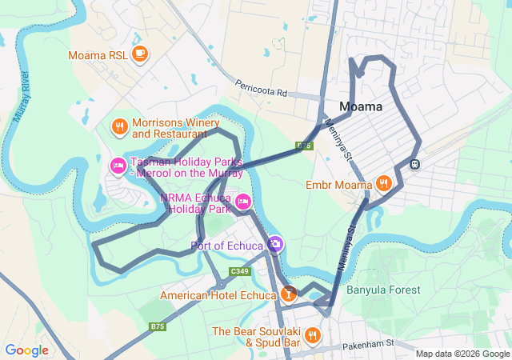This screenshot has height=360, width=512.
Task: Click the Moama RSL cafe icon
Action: click(x=140, y=54)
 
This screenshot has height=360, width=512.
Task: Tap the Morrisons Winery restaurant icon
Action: click(x=119, y=126)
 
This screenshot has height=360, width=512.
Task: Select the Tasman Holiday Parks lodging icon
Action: click(x=117, y=165)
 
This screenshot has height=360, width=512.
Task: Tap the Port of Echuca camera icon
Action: click(x=274, y=243)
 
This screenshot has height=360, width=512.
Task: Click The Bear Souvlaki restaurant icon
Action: click(x=313, y=335)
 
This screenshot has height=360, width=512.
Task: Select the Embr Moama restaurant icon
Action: click(x=384, y=183)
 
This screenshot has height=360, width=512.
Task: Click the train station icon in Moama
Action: click(x=415, y=163)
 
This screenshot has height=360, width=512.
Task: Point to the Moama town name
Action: click(x=360, y=106)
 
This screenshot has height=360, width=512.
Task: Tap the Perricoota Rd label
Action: click(x=261, y=89)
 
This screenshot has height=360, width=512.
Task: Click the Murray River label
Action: click(x=25, y=87)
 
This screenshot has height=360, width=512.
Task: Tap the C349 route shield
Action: click(x=239, y=272)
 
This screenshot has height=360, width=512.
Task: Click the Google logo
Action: click(x=26, y=350)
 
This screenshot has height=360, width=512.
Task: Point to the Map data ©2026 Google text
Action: click(x=462, y=354)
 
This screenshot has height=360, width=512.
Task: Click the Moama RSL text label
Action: click(x=98, y=55)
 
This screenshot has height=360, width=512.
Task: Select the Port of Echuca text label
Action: click(x=226, y=245)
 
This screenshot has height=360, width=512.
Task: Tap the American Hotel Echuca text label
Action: click(x=218, y=295)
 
